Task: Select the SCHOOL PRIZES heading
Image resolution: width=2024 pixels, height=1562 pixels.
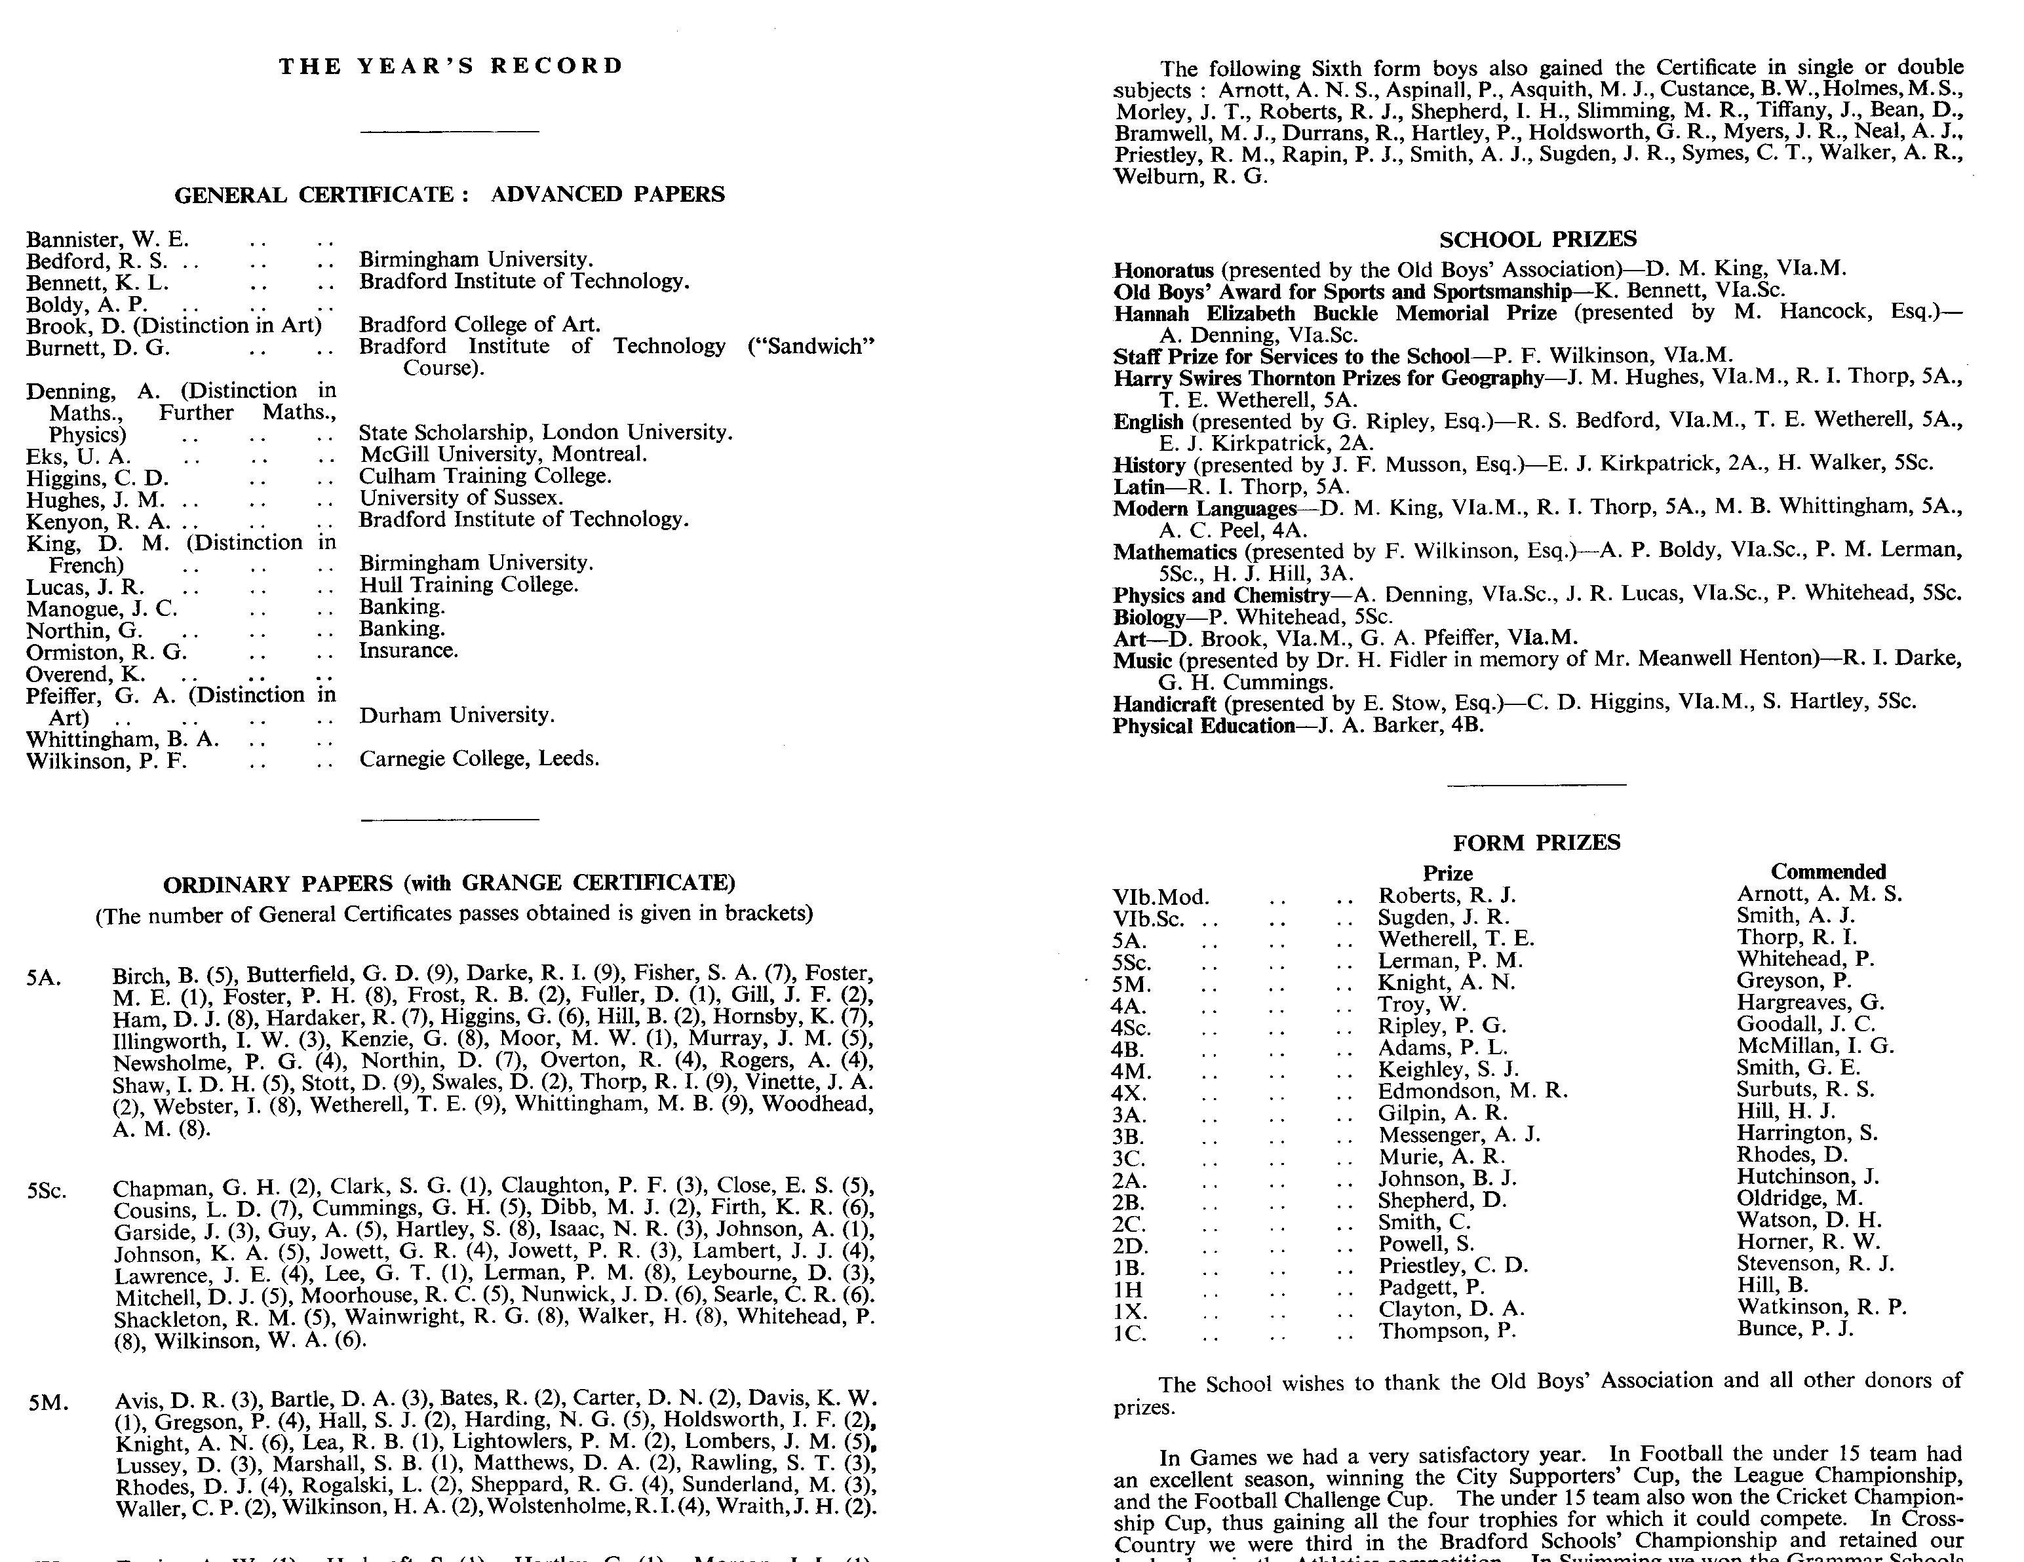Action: coord(1538,240)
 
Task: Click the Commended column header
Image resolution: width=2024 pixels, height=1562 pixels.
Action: coord(1827,872)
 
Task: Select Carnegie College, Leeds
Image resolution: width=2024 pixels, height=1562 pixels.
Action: coord(479,759)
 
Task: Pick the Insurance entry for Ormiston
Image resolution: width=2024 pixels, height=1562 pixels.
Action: coord(409,651)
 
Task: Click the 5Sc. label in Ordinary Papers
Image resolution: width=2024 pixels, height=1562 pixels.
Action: coord(47,1191)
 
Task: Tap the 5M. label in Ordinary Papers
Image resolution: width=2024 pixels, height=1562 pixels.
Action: coord(49,1403)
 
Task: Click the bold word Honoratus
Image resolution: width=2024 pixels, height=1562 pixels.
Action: coord(1163,271)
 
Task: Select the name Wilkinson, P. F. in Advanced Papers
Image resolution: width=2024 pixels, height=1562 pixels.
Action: coord(107,761)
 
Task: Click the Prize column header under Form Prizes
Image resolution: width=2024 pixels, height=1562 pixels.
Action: coord(1448,873)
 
